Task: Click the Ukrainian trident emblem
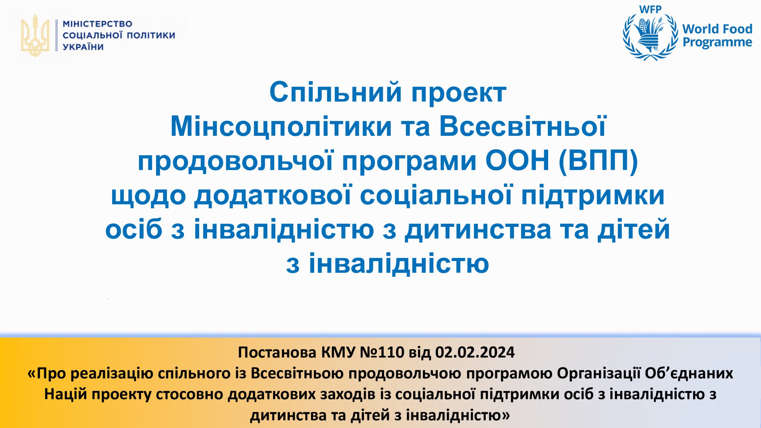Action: [35, 36]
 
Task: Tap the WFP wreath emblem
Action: [651, 37]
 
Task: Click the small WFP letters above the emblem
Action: [650, 9]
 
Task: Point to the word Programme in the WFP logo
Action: [717, 43]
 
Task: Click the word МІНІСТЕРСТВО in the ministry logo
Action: [98, 24]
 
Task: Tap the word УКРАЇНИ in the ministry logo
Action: [83, 47]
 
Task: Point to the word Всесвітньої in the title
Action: [522, 126]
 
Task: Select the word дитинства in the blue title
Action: [478, 229]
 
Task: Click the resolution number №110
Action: [382, 353]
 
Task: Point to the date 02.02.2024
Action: [475, 353]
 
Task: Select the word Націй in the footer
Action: [66, 394]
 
